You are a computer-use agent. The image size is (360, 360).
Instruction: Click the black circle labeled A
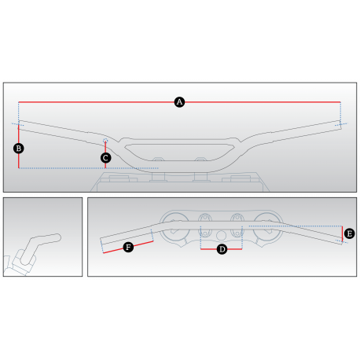pyautogui.click(x=179, y=102)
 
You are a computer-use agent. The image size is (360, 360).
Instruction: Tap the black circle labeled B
pyautogui.click(x=19, y=149)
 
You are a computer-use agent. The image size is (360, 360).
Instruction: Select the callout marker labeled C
pyautogui.click(x=105, y=158)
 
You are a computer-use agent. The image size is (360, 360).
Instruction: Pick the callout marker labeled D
pyautogui.click(x=222, y=249)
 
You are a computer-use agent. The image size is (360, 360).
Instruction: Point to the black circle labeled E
pyautogui.click(x=350, y=233)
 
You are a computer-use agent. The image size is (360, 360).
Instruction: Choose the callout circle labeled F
pyautogui.click(x=128, y=247)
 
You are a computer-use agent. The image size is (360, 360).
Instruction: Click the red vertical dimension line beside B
pyautogui.click(x=19, y=146)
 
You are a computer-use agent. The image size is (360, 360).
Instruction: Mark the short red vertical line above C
pyautogui.click(x=105, y=148)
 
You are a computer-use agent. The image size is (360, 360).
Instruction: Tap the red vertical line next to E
pyautogui.click(x=342, y=233)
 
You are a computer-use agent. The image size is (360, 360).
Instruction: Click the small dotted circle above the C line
pyautogui.click(x=105, y=141)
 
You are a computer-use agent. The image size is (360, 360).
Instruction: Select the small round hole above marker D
pyautogui.click(x=221, y=236)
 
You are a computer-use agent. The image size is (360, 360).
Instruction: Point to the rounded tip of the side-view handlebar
pyautogui.click(x=59, y=237)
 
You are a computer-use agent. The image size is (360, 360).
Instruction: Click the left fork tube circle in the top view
pyautogui.click(x=174, y=227)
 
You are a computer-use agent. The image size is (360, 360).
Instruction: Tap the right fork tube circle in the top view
pyautogui.click(x=268, y=227)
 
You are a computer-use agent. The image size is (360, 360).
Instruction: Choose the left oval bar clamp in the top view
pyautogui.click(x=205, y=226)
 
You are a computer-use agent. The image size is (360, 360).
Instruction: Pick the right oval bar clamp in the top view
pyautogui.click(x=237, y=226)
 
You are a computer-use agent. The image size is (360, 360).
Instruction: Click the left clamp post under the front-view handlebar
pyautogui.click(x=158, y=177)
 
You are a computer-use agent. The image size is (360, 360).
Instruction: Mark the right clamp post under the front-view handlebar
pyautogui.click(x=201, y=177)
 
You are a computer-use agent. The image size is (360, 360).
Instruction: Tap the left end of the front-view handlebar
pyautogui.click(x=19, y=125)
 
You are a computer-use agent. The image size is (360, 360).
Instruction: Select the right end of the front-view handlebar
pyautogui.click(x=340, y=125)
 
